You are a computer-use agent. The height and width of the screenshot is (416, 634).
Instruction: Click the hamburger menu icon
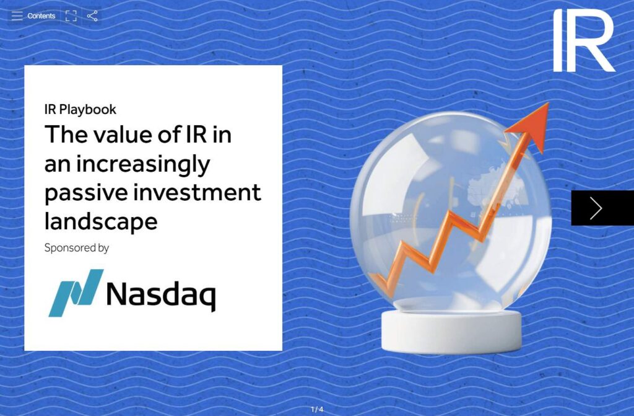point(17,15)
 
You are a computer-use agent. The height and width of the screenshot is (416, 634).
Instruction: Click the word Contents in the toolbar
point(41,16)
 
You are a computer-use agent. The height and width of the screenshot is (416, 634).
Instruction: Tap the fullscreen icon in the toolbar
point(71,16)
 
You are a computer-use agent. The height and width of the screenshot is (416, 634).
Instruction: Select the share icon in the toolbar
point(92,16)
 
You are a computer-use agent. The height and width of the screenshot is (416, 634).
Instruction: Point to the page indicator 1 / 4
point(317,409)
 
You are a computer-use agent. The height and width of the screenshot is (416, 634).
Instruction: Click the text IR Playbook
point(80,110)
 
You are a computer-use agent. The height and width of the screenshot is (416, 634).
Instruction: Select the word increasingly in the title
point(143,164)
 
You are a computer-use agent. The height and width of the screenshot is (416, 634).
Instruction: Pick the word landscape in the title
point(101,220)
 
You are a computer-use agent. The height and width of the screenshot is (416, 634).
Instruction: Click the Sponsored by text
point(77,248)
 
